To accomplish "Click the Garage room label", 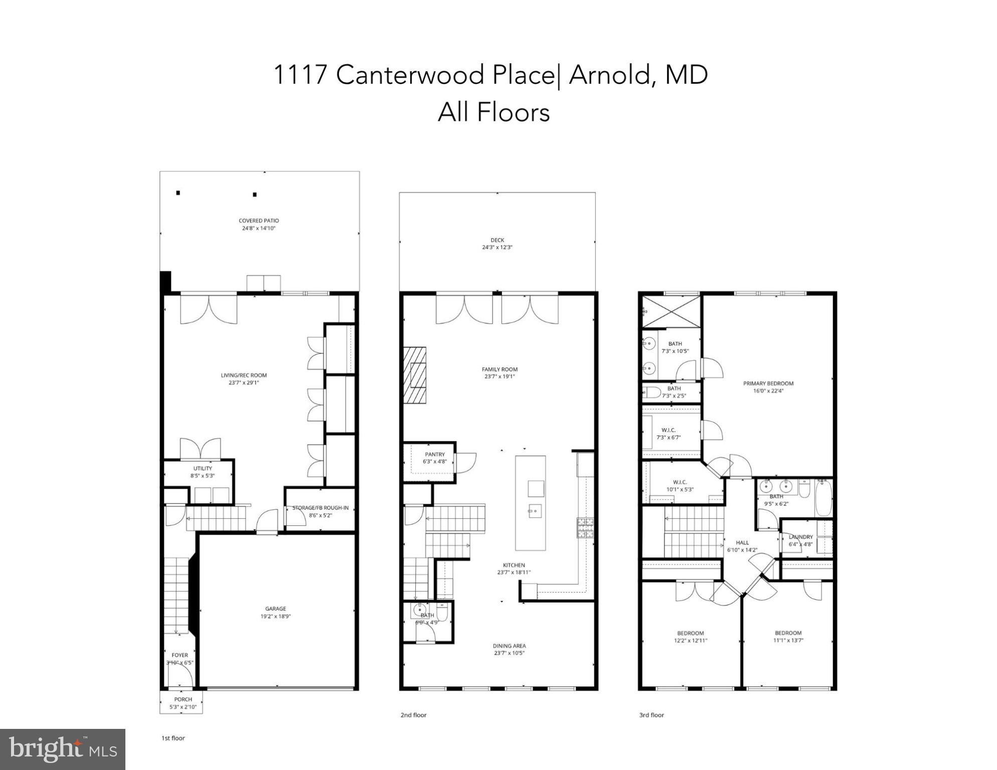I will (x=275, y=609).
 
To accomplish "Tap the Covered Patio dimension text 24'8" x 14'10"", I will (x=259, y=229).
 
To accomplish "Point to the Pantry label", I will (x=435, y=454).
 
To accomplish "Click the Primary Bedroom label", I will (x=768, y=383).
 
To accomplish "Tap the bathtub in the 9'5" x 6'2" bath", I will (x=823, y=498).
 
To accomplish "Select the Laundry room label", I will (x=800, y=537).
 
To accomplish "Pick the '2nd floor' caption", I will (x=413, y=715).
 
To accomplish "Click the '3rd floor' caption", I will (x=651, y=715).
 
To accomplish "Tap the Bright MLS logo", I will (x=63, y=749).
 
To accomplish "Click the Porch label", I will (x=183, y=699).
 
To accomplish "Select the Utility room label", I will (x=203, y=468).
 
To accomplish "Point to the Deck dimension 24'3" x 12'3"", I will (x=497, y=248).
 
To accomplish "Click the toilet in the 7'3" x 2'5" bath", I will (x=652, y=392).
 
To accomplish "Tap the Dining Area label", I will (x=510, y=646).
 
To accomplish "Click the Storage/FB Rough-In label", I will (x=320, y=508).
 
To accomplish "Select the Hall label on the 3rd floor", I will (x=742, y=542).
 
